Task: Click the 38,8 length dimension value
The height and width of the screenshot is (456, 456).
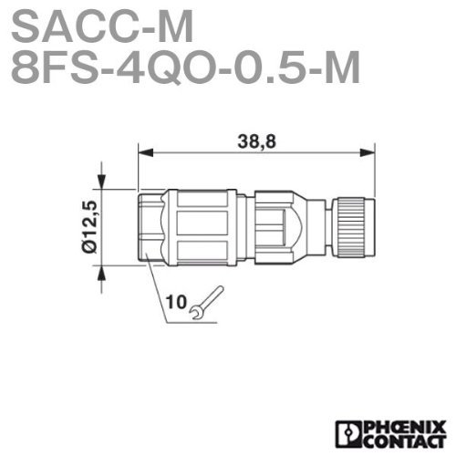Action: pos(256,141)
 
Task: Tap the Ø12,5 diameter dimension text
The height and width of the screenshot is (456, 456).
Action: pos(90,226)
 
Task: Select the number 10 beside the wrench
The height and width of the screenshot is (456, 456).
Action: pos(176,302)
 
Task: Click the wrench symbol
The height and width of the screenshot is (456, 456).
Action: pos(207,303)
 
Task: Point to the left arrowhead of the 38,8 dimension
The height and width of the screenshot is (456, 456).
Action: pos(145,152)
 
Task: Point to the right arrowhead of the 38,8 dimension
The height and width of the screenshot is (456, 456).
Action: pos(368,152)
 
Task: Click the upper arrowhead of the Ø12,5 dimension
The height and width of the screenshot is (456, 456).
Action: pos(102,181)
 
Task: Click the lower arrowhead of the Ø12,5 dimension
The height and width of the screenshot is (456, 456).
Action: pos(102,273)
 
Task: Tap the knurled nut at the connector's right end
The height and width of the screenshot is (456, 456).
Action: pos(354,227)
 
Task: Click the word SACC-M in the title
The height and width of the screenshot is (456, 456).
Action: pos(102,27)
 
